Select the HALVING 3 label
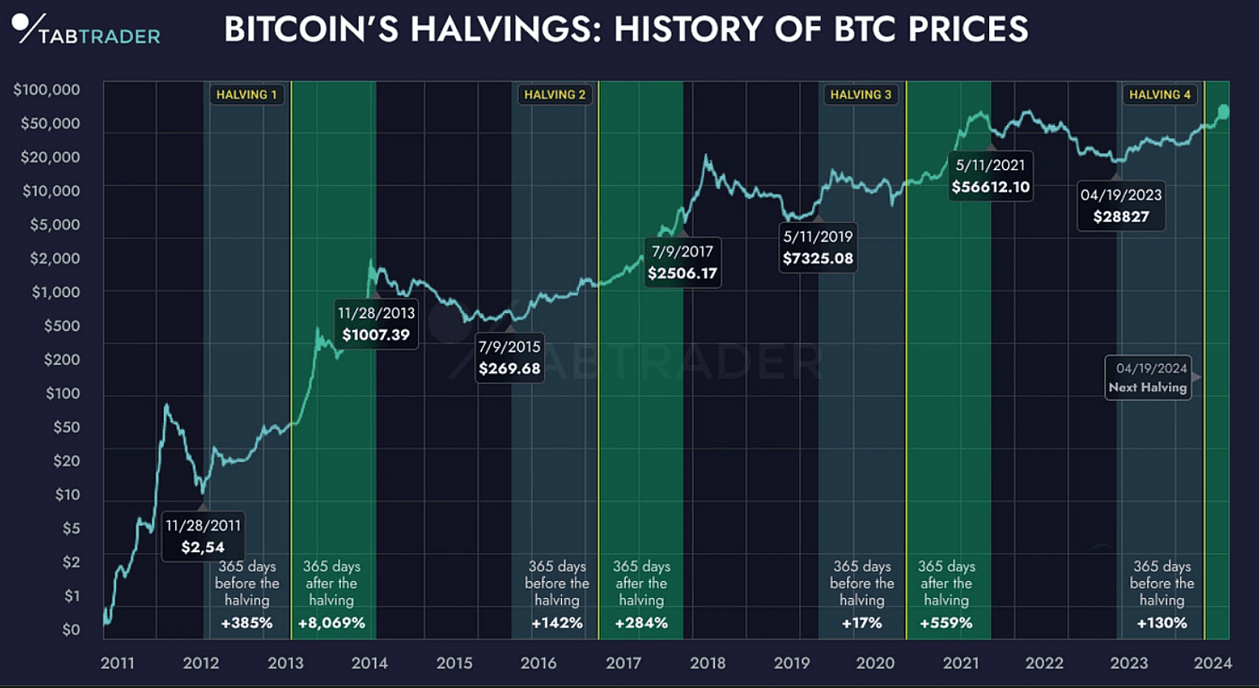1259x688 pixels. (x=862, y=94)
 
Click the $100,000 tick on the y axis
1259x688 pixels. (x=48, y=90)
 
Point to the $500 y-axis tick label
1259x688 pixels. (x=61, y=326)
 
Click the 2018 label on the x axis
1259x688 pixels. (x=708, y=664)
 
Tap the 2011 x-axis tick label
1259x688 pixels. (x=118, y=664)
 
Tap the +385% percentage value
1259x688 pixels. (x=246, y=622)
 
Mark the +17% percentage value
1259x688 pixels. (x=862, y=622)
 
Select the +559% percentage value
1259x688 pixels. (x=947, y=622)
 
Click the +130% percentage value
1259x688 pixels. (x=1162, y=622)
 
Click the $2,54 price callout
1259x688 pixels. (x=202, y=537)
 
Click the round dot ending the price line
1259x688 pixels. (x=1223, y=111)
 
